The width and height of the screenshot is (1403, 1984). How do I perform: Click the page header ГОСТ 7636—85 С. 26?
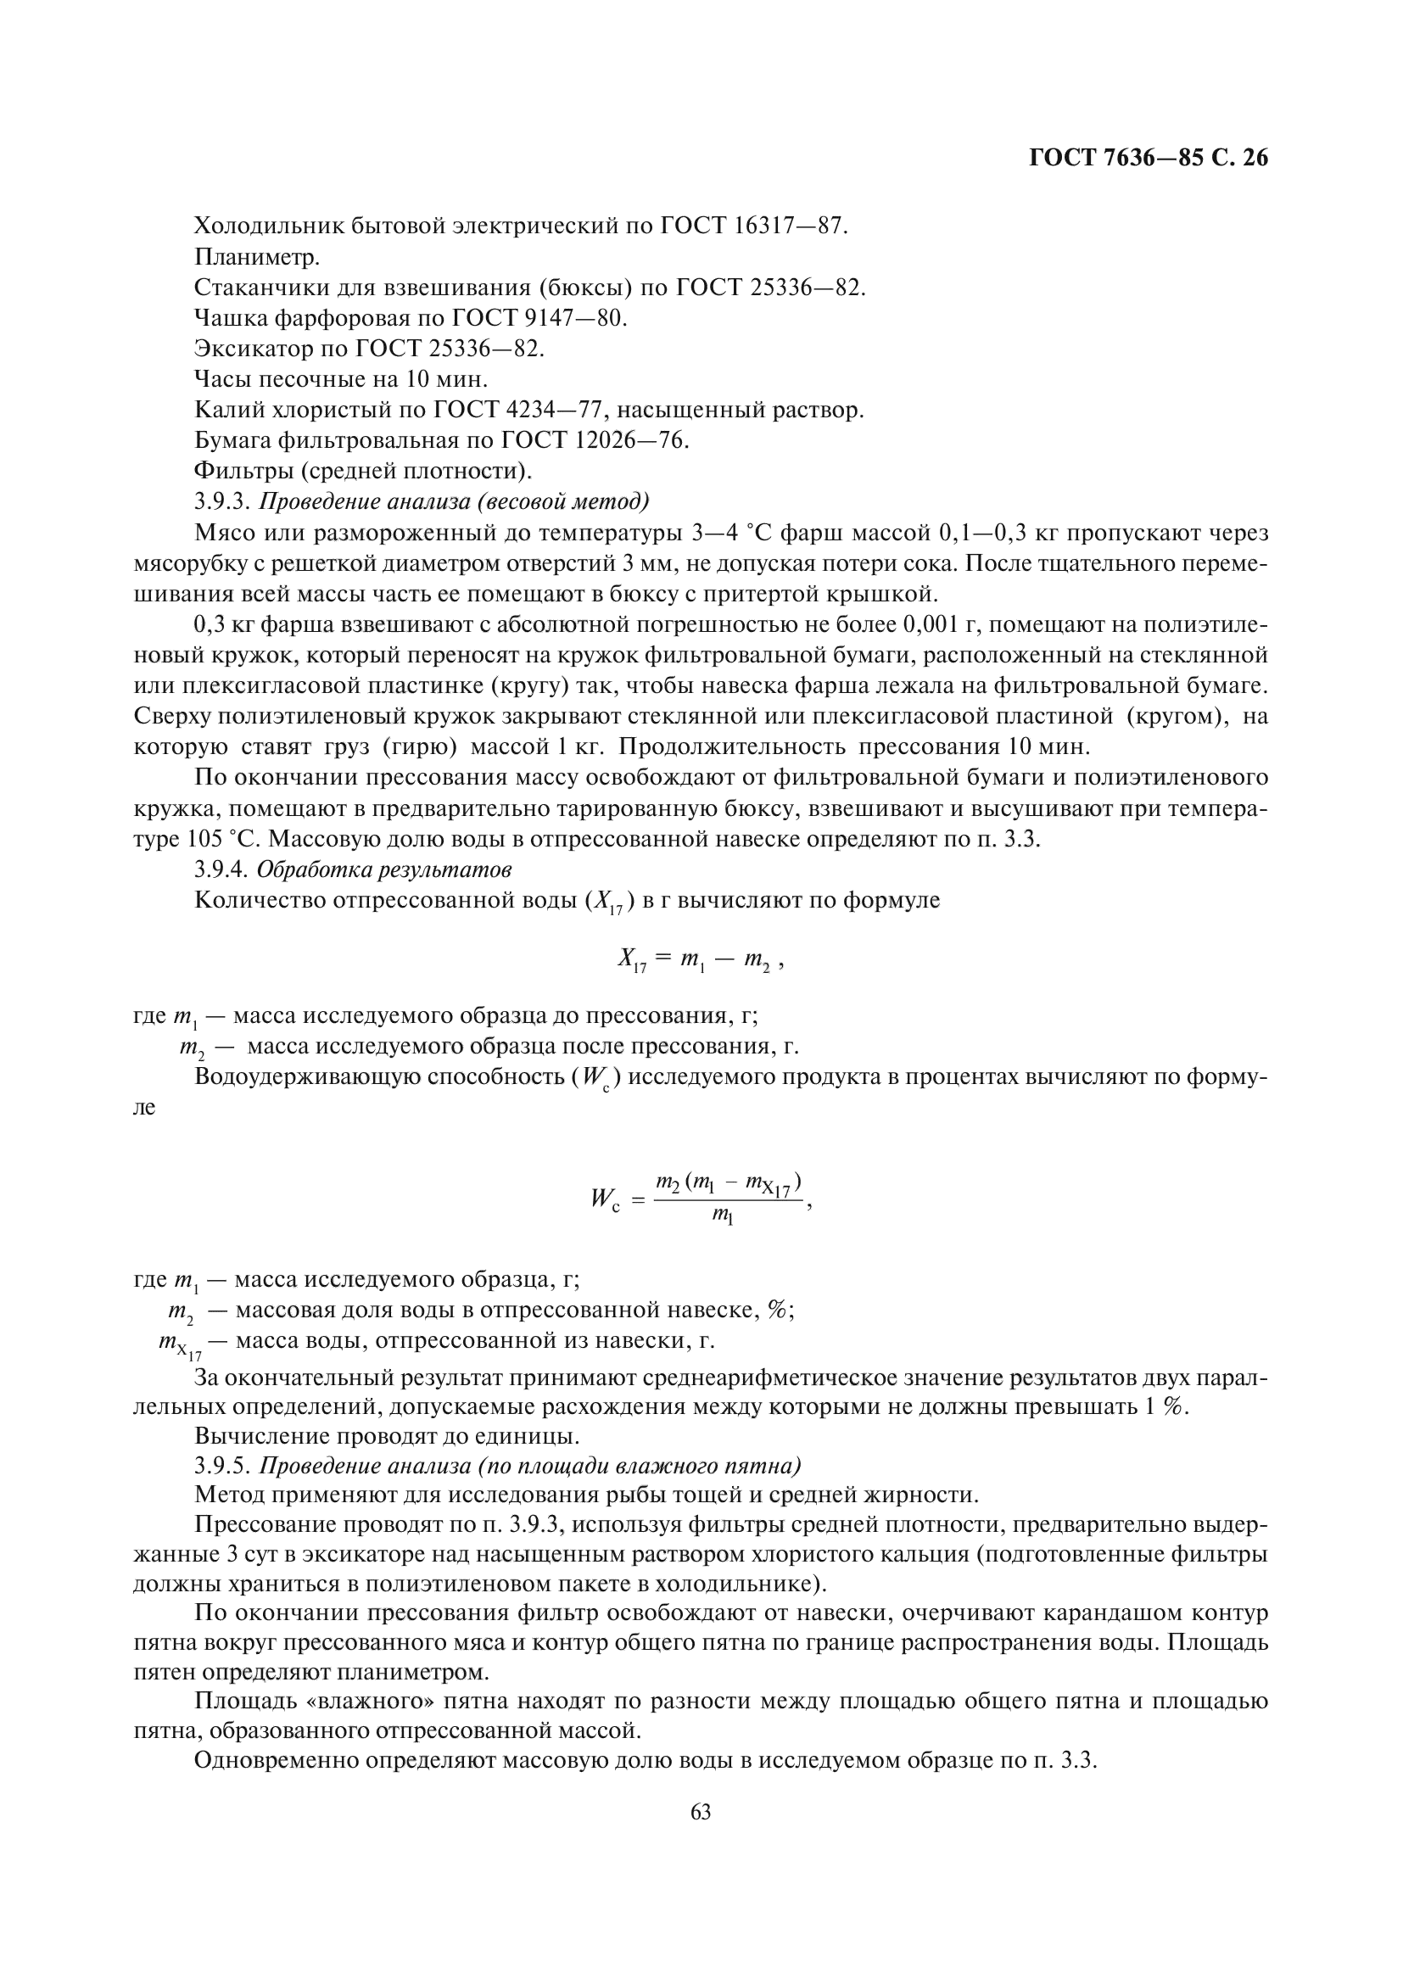[x=1149, y=158]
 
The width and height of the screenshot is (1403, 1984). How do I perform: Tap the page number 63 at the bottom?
[x=701, y=1811]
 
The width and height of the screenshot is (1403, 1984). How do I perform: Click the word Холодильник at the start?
[x=269, y=226]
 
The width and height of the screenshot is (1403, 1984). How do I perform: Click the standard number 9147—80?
[x=575, y=318]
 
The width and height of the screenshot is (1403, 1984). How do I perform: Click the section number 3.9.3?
[x=223, y=502]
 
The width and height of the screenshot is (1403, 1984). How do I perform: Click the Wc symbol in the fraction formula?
[x=605, y=1199]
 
